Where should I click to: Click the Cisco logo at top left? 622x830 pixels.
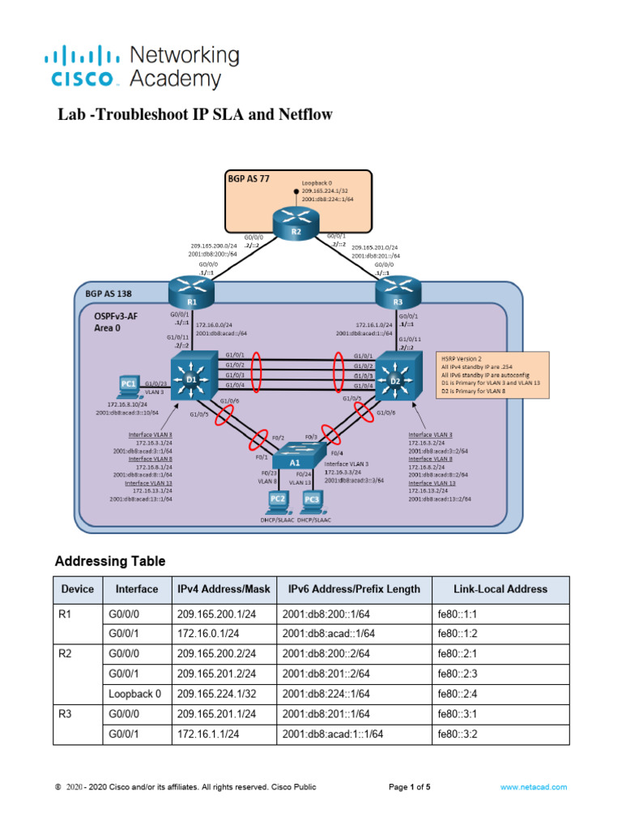[81, 68]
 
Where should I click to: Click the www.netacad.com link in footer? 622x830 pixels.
[533, 787]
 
